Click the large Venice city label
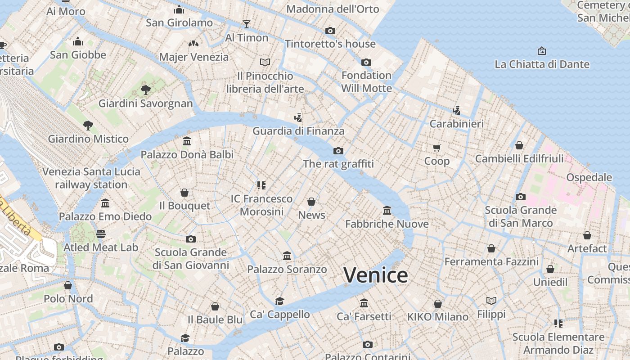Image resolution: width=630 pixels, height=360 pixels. [376, 275]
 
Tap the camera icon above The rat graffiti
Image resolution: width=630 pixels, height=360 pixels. [338, 151]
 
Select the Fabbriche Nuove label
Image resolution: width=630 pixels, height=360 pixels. [387, 224]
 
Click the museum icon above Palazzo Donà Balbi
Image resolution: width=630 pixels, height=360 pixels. [187, 141]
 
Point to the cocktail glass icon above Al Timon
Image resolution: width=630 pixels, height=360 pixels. [246, 24]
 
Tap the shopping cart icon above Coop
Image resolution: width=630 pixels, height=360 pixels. [436, 148]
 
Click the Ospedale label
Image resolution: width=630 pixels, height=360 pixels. [589, 177]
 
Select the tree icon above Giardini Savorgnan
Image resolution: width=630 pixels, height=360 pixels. [145, 90]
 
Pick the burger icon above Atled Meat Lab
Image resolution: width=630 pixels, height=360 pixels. [101, 234]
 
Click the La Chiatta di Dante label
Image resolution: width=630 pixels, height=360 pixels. [542, 64]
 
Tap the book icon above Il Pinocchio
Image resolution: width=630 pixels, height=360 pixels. [265, 62]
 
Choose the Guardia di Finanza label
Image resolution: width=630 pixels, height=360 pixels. [298, 131]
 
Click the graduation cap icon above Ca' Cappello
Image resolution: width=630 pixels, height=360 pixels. [280, 301]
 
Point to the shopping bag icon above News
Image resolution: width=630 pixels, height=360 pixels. [311, 202]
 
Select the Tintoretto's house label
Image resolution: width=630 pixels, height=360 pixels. [330, 44]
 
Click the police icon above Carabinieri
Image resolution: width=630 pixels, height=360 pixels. [456, 110]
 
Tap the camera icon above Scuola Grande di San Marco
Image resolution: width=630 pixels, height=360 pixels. [521, 197]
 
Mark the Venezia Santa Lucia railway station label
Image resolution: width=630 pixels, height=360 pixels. [91, 178]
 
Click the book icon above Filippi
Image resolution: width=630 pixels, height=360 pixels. [491, 301]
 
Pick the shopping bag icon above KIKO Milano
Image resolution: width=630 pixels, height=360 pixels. [438, 304]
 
